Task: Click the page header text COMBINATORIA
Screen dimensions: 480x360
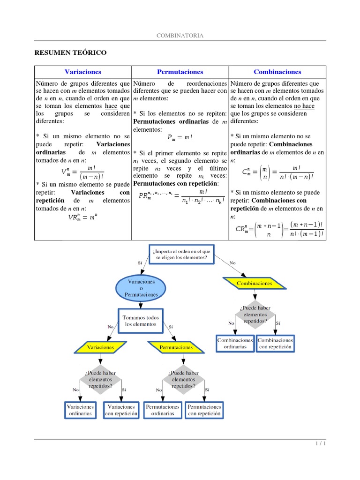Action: pos(180,36)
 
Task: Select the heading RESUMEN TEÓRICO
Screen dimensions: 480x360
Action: pos(71,53)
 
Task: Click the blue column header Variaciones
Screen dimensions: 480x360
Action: pos(83,72)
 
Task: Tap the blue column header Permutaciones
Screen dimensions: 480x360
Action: pos(180,72)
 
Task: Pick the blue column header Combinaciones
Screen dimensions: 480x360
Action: pos(277,72)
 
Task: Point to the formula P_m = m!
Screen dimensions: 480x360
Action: pos(180,138)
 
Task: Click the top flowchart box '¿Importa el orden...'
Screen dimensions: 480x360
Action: pos(181,255)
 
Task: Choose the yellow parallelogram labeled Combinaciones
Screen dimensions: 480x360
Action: pos(254,283)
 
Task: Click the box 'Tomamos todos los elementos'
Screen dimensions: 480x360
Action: pos(141,321)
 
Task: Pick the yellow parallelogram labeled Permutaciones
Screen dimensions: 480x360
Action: pos(176,348)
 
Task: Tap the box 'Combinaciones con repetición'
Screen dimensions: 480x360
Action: pos(275,344)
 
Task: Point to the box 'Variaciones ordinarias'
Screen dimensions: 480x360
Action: pos(80,410)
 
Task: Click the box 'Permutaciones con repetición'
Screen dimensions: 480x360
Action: pos(204,410)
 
